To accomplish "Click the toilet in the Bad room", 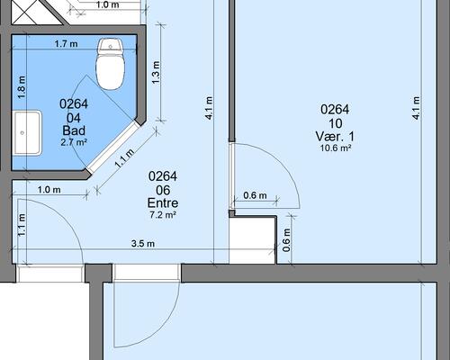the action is [111, 64].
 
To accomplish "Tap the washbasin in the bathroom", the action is [26, 133].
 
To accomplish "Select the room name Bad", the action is [74, 130].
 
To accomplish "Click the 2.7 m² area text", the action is [74, 142].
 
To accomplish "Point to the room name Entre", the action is [163, 203].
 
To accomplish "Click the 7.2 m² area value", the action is [163, 214].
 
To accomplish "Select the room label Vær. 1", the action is [335, 137].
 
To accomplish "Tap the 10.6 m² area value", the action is [336, 148].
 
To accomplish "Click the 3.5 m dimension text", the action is [143, 243].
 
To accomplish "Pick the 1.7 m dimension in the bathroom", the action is [66, 44].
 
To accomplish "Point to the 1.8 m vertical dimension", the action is [22, 87].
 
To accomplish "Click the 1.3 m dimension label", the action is [156, 73].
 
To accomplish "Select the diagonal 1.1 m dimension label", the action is [124, 157].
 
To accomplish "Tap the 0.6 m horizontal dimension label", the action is [255, 195].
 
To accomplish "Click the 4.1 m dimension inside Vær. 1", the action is [416, 108].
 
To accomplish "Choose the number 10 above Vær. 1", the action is [336, 123].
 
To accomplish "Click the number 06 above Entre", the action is [163, 190].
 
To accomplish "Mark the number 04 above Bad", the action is [74, 118].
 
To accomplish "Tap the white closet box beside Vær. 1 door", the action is [253, 240].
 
